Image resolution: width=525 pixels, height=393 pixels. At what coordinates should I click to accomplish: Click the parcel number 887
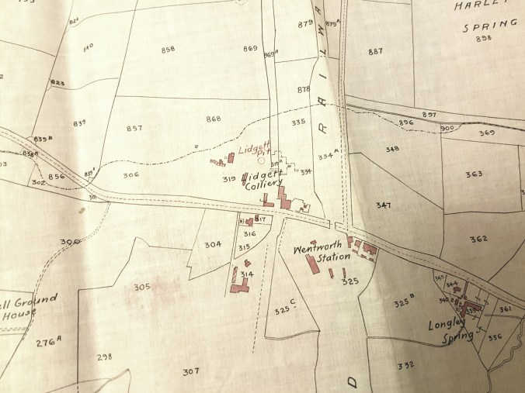click(x=376, y=52)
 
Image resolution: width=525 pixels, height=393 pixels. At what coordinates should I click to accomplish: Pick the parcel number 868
click(x=214, y=118)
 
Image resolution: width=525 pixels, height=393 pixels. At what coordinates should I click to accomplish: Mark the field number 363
click(x=474, y=174)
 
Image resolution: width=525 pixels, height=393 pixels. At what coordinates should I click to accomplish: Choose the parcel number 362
click(x=478, y=239)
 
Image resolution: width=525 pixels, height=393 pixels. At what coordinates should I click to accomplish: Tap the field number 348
click(x=392, y=149)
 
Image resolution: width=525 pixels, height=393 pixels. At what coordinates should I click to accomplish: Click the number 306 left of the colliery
click(x=130, y=175)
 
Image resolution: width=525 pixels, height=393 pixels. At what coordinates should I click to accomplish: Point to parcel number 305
click(x=141, y=287)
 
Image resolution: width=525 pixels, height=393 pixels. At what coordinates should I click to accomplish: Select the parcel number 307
click(x=191, y=371)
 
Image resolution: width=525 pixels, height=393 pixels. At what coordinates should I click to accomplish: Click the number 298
click(x=104, y=357)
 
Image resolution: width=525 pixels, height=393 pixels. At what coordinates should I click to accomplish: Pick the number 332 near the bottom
click(x=405, y=365)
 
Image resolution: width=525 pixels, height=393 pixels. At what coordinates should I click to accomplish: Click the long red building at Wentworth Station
click(x=315, y=264)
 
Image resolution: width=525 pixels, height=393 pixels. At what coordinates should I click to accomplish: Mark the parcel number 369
click(x=486, y=133)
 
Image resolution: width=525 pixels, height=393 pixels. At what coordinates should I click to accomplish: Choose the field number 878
click(x=304, y=90)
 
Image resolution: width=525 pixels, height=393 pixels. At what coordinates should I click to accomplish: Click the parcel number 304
click(x=214, y=244)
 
